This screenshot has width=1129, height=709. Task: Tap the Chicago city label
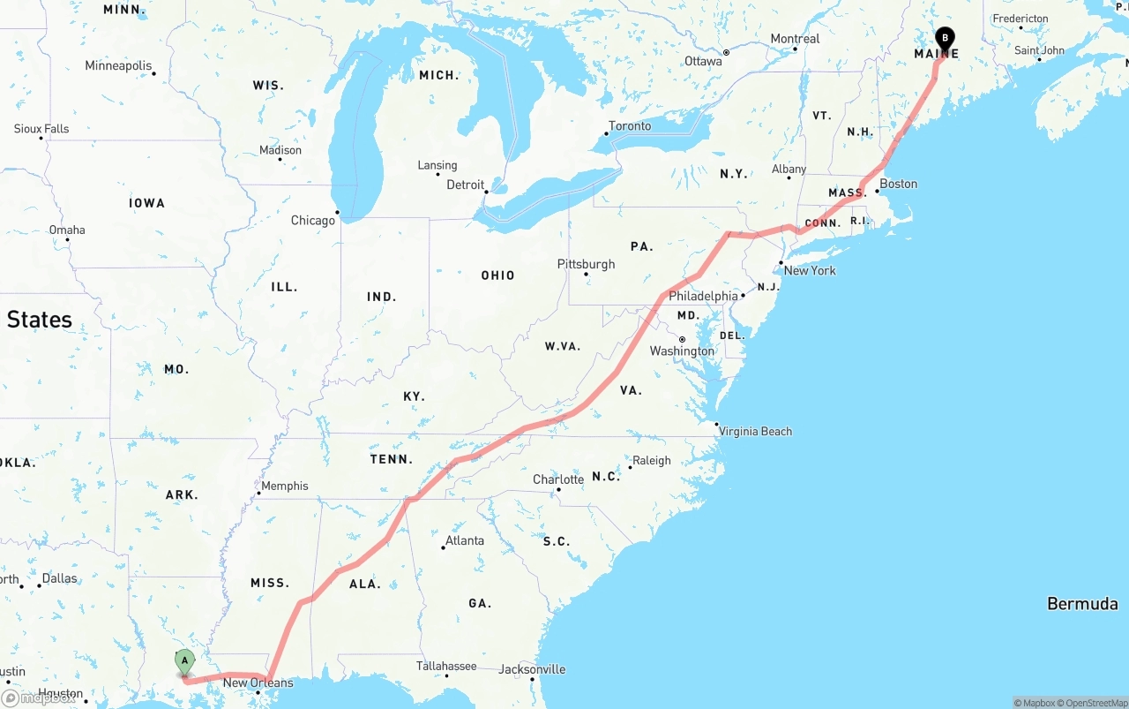click(313, 220)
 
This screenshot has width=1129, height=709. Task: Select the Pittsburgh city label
click(586, 264)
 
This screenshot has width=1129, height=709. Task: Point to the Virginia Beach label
click(755, 432)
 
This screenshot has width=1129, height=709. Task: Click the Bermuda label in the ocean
click(1082, 604)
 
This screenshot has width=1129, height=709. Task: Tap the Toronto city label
click(630, 126)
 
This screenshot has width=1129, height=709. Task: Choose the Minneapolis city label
click(118, 65)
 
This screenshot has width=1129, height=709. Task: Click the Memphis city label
click(284, 486)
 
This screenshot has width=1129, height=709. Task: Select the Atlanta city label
click(464, 540)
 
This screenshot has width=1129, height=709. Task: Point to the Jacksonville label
click(532, 669)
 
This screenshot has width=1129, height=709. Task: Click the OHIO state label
click(497, 275)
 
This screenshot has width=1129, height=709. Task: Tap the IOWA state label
click(146, 203)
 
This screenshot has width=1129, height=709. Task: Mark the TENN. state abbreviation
click(392, 459)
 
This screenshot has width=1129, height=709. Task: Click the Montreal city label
click(795, 39)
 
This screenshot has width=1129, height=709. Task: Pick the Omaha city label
click(67, 230)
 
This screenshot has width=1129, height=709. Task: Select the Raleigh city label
click(652, 460)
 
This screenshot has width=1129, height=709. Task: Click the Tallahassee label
click(447, 667)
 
